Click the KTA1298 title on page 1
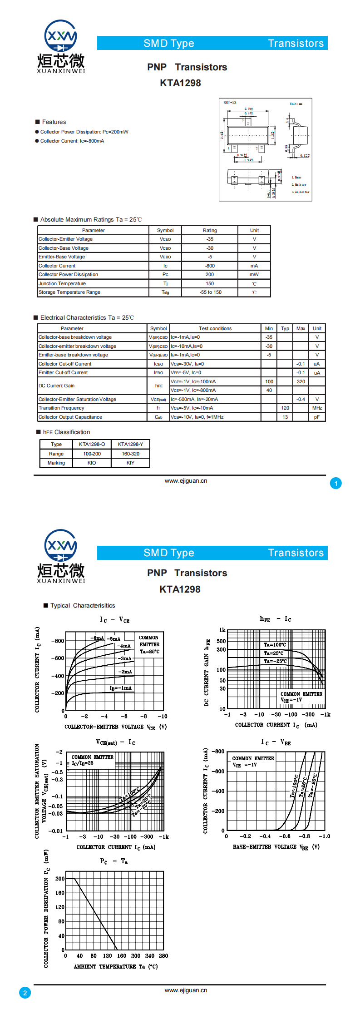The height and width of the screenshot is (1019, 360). [180, 83]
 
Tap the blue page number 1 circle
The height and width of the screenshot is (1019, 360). [336, 483]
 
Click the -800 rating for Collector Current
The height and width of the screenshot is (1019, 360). [210, 266]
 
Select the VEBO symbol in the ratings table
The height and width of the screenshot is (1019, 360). [165, 257]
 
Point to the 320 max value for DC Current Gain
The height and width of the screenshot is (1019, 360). [301, 382]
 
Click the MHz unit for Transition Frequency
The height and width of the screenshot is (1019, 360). [317, 408]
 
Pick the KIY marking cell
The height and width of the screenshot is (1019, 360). [130, 463]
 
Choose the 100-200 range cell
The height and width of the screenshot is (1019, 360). [92, 454]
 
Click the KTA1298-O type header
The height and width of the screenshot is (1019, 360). [92, 444]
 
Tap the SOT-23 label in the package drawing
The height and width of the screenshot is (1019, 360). [230, 103]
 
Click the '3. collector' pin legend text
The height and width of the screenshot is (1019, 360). [300, 192]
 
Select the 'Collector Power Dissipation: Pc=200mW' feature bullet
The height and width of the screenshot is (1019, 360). [84, 132]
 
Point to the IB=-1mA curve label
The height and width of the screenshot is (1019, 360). [120, 688]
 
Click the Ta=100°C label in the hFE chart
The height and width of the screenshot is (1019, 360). [275, 645]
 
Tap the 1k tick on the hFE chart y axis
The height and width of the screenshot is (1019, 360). [222, 630]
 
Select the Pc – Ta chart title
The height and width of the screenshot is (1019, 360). [114, 861]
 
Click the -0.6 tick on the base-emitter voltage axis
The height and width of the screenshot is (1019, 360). [285, 836]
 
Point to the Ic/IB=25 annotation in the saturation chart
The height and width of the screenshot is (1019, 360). [83, 763]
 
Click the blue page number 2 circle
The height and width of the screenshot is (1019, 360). [25, 993]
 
